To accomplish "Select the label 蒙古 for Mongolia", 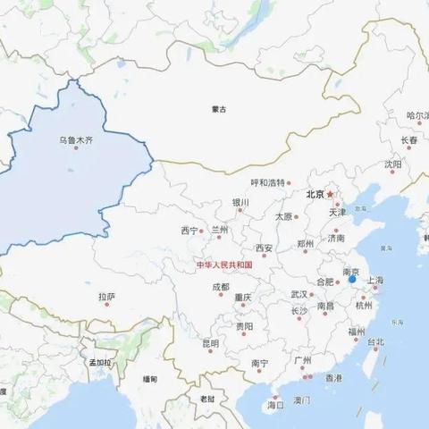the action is [x=219, y=109].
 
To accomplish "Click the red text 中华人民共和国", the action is [x=225, y=265].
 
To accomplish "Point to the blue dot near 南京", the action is [x=352, y=280].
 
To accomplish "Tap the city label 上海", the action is [x=374, y=281].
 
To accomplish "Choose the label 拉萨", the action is [x=107, y=296].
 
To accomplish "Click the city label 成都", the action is [x=220, y=287].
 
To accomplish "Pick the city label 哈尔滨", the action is [x=417, y=115].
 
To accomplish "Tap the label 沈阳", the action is [x=393, y=164].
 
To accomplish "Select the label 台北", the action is [x=374, y=341].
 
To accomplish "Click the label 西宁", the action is [x=189, y=230].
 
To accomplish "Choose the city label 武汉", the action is [x=299, y=294].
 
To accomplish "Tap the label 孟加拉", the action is [x=99, y=363].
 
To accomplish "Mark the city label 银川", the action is [x=240, y=203].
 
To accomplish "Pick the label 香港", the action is [x=333, y=378].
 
